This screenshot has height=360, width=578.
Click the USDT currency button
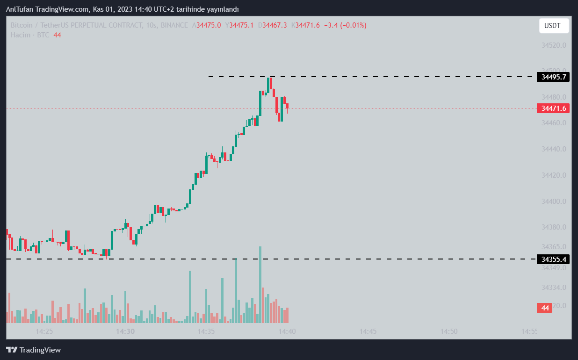tap(554, 26)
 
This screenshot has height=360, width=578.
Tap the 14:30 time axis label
tap(125, 331)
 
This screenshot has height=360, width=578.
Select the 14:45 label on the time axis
tap(368, 331)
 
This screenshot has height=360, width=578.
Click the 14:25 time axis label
tap(44, 331)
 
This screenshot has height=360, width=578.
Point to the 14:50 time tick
tap(448, 331)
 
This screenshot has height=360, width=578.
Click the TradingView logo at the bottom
tap(33, 350)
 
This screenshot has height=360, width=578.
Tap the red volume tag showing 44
tap(544, 308)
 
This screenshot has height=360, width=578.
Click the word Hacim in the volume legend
tap(21, 35)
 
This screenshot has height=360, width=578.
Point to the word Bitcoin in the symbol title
tap(22, 25)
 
